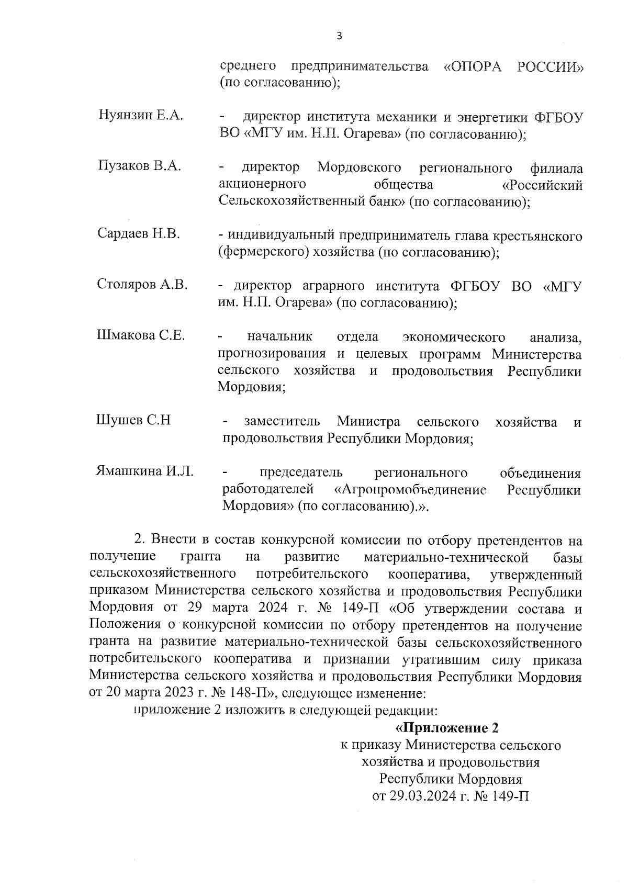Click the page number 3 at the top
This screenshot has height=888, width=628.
339,36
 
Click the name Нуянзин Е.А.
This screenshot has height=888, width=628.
140,116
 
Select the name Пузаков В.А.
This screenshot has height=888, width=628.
139,166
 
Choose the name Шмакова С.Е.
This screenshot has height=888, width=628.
141,335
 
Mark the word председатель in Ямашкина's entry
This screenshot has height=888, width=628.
301,473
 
